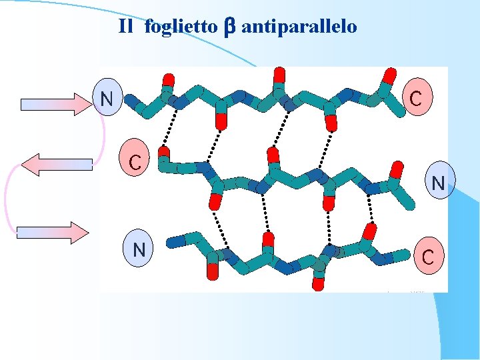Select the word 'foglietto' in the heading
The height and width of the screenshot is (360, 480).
180,27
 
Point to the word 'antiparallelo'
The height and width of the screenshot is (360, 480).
299,27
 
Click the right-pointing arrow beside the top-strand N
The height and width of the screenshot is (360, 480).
57,104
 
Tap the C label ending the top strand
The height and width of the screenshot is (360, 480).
415,99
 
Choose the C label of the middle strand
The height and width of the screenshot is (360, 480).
135,161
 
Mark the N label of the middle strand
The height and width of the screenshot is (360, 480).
437,182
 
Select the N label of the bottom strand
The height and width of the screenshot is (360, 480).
139,249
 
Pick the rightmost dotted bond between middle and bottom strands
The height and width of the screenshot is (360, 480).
371,213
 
